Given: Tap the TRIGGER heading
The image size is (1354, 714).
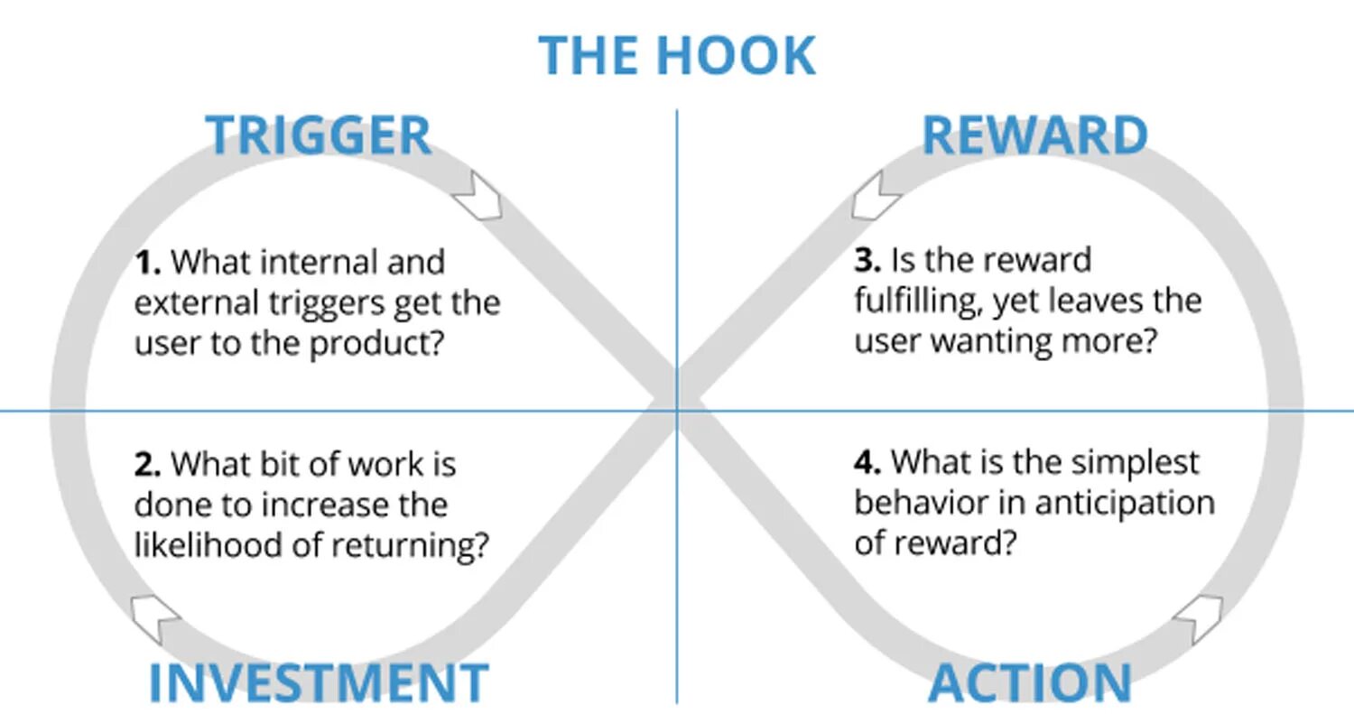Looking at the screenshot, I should click(319, 134).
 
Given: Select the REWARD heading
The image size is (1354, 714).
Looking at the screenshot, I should click(1034, 134).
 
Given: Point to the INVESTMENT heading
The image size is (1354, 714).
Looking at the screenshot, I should click(318, 682).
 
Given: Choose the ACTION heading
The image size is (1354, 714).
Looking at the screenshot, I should click(1030, 682).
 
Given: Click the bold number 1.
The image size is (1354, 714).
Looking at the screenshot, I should click(147, 263).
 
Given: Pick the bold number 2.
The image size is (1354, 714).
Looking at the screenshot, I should click(147, 465).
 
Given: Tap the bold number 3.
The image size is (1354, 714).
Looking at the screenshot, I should click(867, 261).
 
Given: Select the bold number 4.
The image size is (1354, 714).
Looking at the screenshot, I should click(867, 463).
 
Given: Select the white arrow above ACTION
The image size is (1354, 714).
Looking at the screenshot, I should click(1199, 617).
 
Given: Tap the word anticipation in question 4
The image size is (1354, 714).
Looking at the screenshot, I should click(1125, 503).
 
